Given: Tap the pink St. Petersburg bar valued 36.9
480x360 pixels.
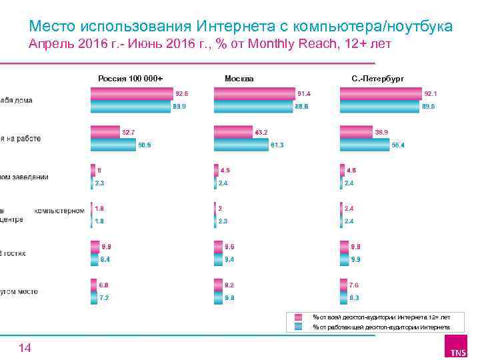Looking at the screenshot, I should click(356, 132).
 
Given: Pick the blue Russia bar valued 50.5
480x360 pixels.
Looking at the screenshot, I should click(113, 145).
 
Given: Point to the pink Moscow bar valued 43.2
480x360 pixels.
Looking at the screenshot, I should click(233, 132).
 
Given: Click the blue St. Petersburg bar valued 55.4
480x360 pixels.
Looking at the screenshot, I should click(365, 145).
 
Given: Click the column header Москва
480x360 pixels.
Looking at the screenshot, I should click(239, 79).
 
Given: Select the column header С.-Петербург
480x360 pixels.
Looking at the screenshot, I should click(377, 79).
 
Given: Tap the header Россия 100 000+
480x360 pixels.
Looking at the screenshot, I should click(131, 79).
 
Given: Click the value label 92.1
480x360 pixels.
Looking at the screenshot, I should click(431, 93).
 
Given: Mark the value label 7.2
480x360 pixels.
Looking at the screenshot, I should click(104, 298).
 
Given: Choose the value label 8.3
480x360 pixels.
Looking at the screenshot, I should click(355, 298).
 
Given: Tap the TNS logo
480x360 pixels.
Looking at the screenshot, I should click(458, 347).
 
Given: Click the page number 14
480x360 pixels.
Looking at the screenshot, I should click(25, 347).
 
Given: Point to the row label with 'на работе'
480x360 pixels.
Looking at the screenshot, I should click(20, 139).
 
